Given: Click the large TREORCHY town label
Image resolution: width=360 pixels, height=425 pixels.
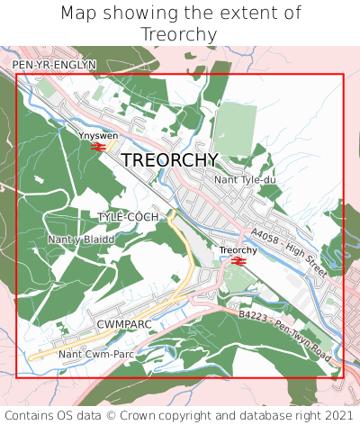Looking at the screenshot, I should coord(169,159).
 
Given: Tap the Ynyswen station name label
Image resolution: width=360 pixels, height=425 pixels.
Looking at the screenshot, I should coord(98,135).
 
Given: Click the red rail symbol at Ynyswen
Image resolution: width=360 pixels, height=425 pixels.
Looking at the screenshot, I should coord(98,146).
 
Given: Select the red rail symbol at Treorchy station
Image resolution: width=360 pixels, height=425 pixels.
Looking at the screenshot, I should coord(238,261).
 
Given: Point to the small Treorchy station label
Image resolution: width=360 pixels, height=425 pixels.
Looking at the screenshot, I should coord(238,250).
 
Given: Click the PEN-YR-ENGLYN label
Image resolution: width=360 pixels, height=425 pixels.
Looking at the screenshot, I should coord(53,66).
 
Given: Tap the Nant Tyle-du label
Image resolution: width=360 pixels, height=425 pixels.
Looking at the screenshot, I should coord(245,180).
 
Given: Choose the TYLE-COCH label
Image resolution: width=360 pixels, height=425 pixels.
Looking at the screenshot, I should coord(128,217).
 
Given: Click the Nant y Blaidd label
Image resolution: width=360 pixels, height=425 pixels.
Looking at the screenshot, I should coord(81,240).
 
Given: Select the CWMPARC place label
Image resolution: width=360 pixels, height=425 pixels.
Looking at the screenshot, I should coord(121,321).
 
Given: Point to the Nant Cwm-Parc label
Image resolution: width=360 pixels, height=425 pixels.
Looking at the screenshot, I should coord(95,354).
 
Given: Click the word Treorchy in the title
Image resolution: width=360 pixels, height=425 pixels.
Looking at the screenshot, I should coord(179,34).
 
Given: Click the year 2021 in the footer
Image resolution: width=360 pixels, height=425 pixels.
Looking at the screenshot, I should coord(337,415).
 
